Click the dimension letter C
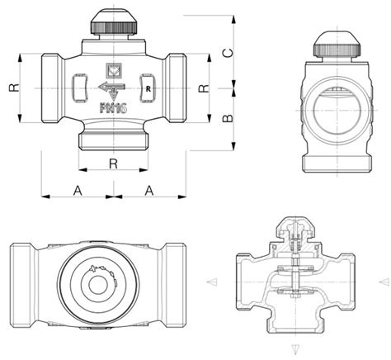[x=228, y=53]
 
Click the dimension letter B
[x=228, y=118]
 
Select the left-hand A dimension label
[x=78, y=191]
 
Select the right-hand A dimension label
[x=149, y=191]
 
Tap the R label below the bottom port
[x=113, y=163]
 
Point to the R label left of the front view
[x=15, y=88]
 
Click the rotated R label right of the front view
[x=204, y=88]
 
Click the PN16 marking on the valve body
[x=113, y=108]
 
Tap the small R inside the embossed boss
[x=148, y=89]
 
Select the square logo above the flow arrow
[x=114, y=70]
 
